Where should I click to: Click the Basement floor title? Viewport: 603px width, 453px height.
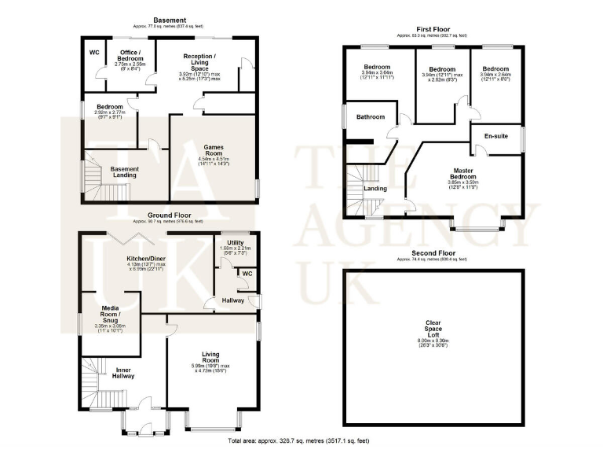pos(170,20)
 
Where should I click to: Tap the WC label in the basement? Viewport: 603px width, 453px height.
pos(93,53)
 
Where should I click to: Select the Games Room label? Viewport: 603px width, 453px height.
pos(214,149)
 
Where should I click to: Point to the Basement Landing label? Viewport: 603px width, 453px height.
pos(124,171)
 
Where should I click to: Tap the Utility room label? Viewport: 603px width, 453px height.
pos(235,243)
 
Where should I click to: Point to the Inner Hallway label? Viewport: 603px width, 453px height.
pos(124,373)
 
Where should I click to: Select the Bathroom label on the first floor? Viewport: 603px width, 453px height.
pos(371,117)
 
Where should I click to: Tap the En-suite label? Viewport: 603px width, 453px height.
pos(495,136)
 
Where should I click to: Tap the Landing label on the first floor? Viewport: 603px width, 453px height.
pos(375,188)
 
